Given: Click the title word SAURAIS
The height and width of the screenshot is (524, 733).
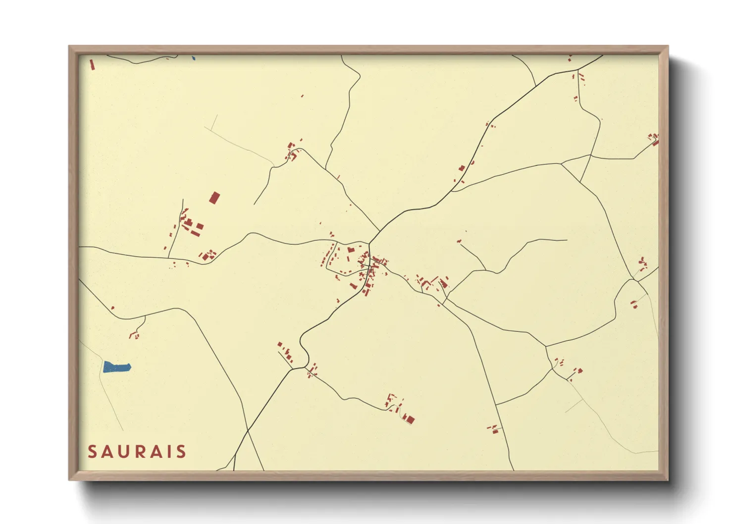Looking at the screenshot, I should click(137, 452).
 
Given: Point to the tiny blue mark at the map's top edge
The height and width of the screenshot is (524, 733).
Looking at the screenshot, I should click(194, 58).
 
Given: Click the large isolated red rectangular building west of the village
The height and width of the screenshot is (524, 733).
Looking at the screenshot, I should click(214, 198).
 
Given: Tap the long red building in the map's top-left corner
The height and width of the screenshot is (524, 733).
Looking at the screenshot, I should click(92, 64).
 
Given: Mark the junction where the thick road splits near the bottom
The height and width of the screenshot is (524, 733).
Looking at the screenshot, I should click(292, 368).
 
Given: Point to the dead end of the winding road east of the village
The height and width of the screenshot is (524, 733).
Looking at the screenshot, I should click(567, 241).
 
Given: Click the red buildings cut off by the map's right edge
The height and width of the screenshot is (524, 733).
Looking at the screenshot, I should click(654, 139).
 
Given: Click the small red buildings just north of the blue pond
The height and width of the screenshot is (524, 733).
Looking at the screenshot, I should click(134, 336).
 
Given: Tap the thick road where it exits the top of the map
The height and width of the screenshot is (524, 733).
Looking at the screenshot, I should click(602, 56).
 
